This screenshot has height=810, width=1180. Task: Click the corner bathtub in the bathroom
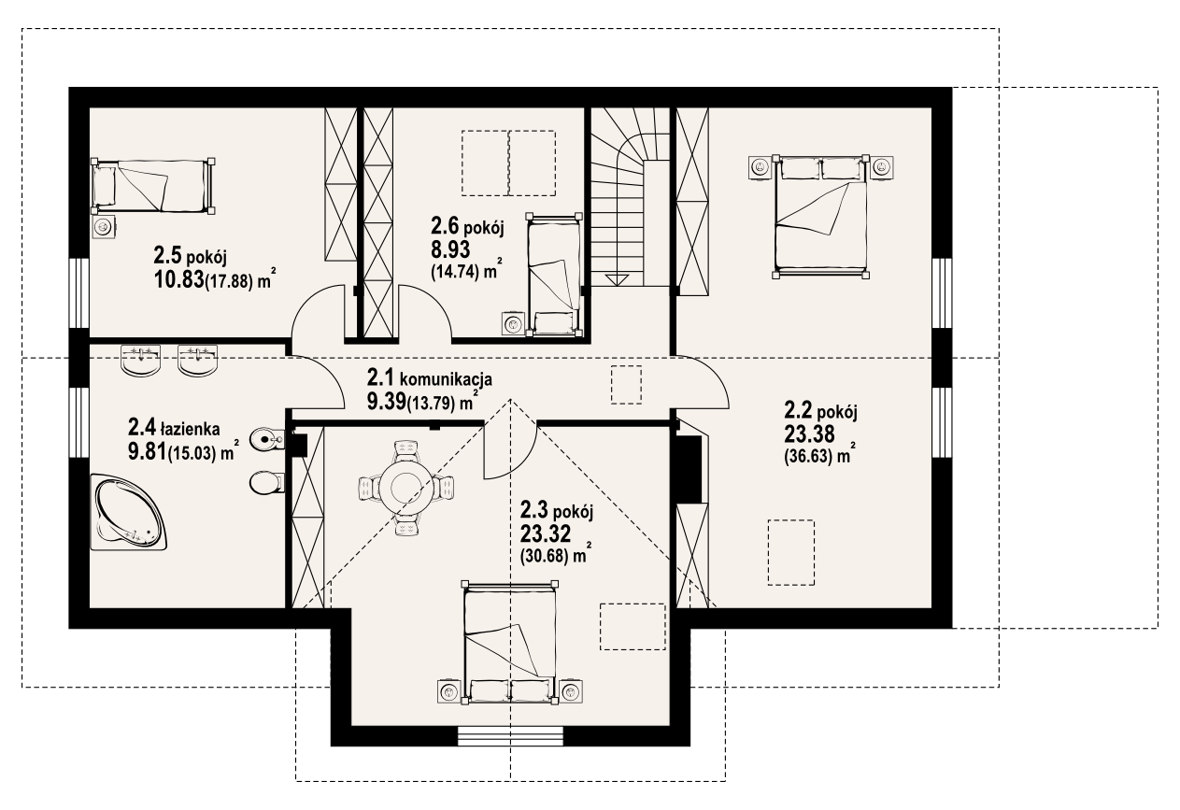pyautogui.click(x=129, y=512)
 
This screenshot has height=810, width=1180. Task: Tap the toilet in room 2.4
pyautogui.click(x=267, y=483)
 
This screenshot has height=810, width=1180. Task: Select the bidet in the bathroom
pyautogui.click(x=267, y=439)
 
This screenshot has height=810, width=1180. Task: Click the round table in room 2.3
pyautogui.click(x=405, y=486)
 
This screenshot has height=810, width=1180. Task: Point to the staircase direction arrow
pyautogui.click(x=617, y=279)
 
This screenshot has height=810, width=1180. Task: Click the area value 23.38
pyautogui.click(x=809, y=434)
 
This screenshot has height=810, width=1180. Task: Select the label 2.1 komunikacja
pyautogui.click(x=430, y=377)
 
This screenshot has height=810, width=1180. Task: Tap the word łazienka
pyautogui.click(x=191, y=429)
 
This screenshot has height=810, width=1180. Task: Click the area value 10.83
pyautogui.click(x=178, y=279)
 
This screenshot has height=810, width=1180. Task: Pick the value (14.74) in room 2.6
pyautogui.click(x=455, y=271)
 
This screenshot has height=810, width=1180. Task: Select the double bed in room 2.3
pyautogui.click(x=510, y=643)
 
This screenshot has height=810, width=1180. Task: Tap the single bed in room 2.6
pyautogui.click(x=554, y=275)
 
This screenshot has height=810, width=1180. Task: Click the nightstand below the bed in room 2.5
pyautogui.click(x=104, y=228)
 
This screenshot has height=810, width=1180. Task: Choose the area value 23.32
pyautogui.click(x=546, y=534)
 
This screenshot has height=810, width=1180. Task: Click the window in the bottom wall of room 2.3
pyautogui.click(x=510, y=736)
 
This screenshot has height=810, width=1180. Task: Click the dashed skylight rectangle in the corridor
pyautogui.click(x=626, y=385)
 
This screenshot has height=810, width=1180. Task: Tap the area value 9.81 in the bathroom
pyautogui.click(x=147, y=452)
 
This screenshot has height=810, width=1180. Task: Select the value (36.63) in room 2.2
pyautogui.click(x=808, y=457)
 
